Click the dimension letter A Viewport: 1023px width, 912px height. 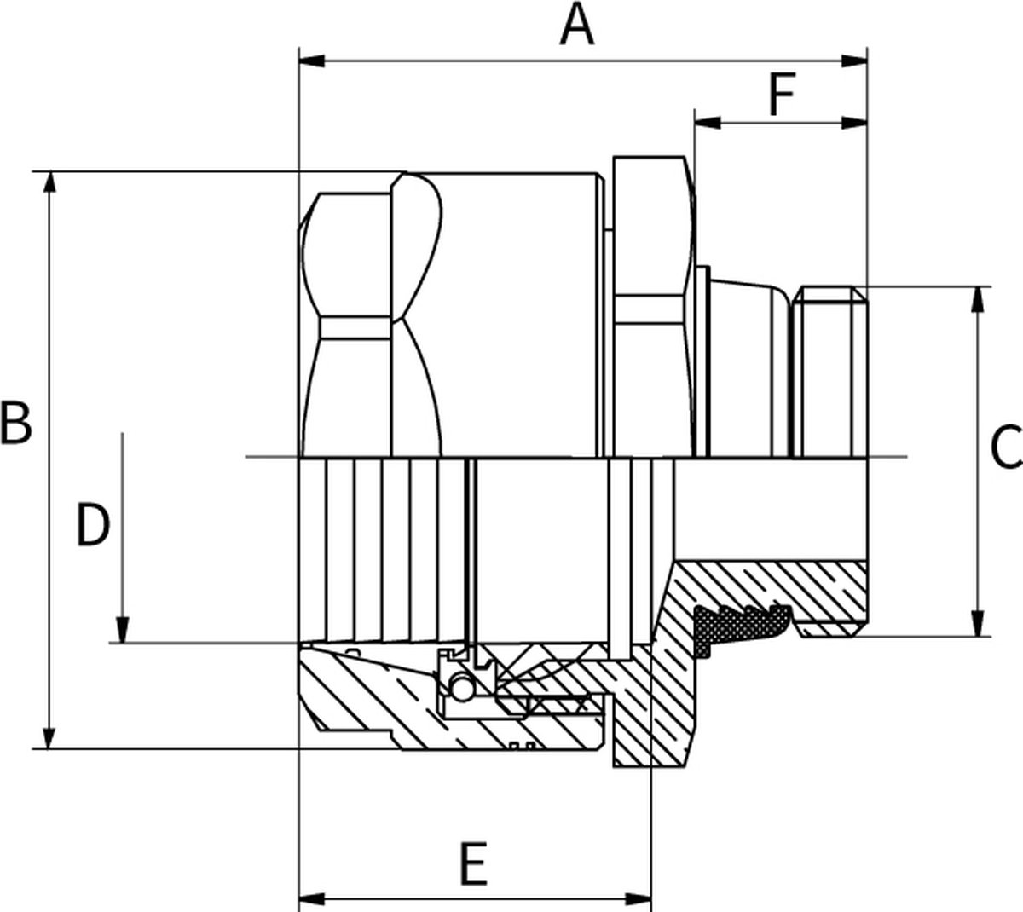[577, 26]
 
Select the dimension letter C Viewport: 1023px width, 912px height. [1006, 447]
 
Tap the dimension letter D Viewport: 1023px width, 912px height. [93, 525]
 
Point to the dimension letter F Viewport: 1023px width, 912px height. [781, 95]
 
